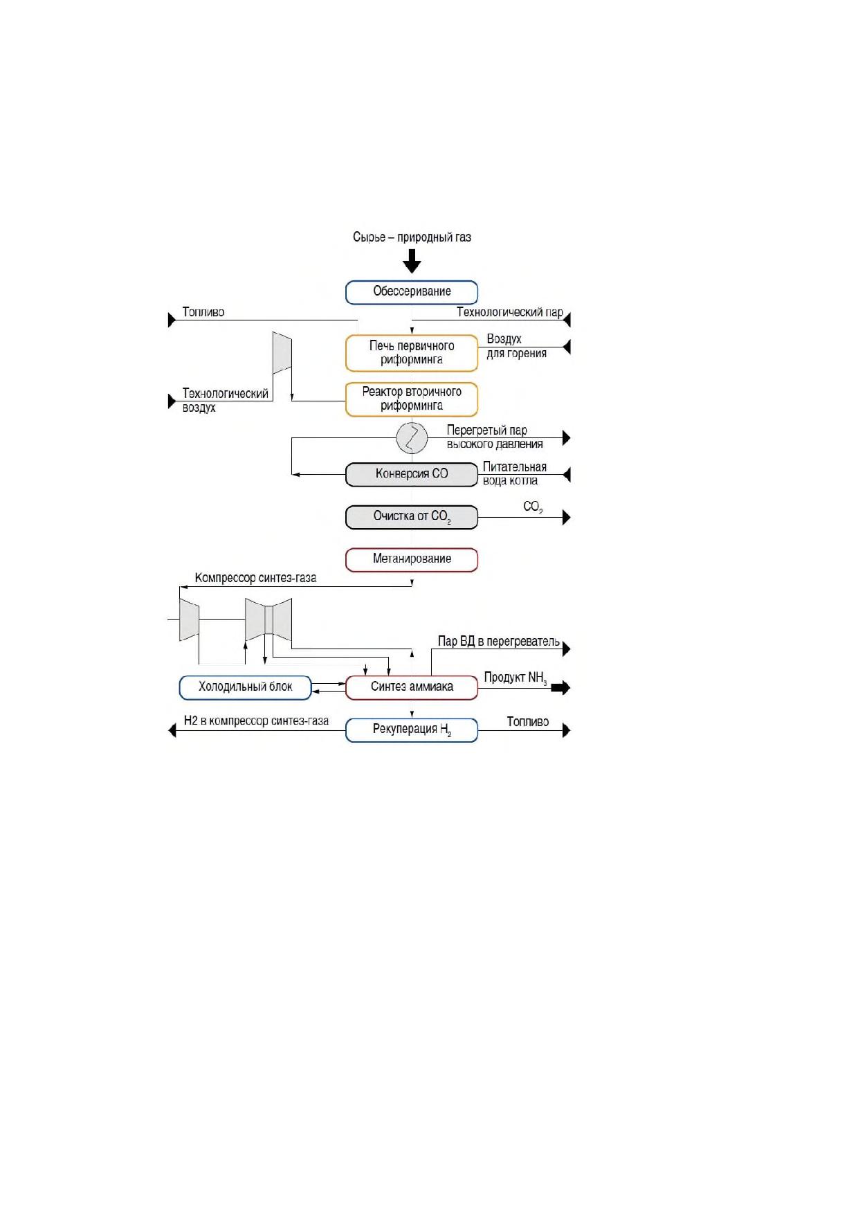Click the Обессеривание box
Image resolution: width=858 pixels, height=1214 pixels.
[x=412, y=292]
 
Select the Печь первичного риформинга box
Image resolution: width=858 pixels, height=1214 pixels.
[x=412, y=353]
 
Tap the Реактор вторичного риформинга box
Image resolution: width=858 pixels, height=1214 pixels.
[x=412, y=399]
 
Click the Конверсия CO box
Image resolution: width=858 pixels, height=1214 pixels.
[x=412, y=475]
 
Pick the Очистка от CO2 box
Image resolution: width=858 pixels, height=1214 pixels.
[x=412, y=517]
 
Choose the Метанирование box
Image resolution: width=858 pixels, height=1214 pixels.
[x=412, y=560]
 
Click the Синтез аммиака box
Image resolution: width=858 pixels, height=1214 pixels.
[x=412, y=687]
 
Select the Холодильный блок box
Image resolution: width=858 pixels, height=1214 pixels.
[x=246, y=687]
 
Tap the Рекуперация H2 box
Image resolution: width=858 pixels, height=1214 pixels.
[x=412, y=730]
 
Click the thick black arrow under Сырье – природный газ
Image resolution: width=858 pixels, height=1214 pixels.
[x=412, y=261]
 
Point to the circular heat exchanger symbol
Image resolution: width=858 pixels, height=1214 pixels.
[x=412, y=437]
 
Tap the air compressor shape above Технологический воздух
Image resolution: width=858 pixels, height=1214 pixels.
[x=282, y=353]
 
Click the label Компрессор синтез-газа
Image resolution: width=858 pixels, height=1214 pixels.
[x=255, y=578]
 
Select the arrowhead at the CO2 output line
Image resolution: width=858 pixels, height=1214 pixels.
[x=567, y=517]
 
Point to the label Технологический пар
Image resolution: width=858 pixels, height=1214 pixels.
[x=510, y=312]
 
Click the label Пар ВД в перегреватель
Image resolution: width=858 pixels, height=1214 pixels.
[x=499, y=642]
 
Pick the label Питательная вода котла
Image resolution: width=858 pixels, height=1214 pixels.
[x=515, y=473]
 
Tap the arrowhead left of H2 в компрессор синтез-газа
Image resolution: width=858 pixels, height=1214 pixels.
[x=172, y=730]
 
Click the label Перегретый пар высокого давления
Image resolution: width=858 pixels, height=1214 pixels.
[x=495, y=437]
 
